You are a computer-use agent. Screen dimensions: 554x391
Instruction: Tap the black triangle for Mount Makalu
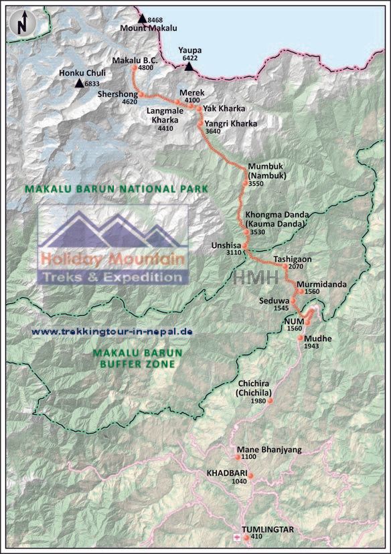(142, 19)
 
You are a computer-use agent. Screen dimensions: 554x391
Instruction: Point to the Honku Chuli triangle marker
(79, 84)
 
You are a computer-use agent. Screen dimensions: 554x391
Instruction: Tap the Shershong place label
(117, 95)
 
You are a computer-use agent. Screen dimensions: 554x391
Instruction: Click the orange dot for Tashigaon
(285, 266)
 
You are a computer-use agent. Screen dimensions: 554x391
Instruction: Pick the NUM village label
(294, 322)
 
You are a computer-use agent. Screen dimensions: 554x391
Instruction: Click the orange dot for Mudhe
(300, 339)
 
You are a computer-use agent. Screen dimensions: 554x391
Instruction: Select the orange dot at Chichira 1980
(270, 401)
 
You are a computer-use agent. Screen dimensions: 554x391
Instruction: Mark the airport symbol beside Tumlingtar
(236, 537)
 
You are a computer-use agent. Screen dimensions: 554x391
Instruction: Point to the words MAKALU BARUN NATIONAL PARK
(116, 189)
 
